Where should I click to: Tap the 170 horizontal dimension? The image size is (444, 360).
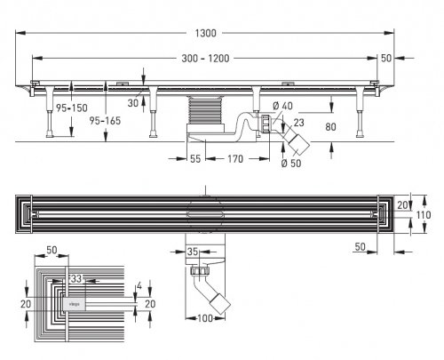click(234, 160)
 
